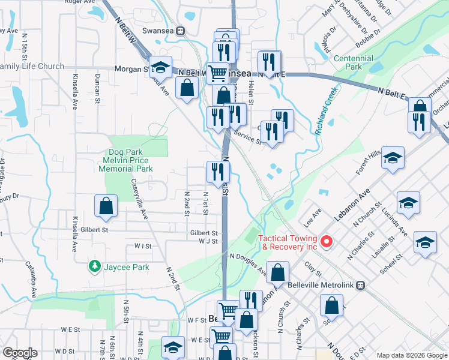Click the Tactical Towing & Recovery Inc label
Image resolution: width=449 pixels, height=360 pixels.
(x=288, y=242)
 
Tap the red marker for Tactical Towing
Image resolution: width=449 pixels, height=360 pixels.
(x=327, y=242)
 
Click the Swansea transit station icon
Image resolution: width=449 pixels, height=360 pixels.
(x=180, y=31)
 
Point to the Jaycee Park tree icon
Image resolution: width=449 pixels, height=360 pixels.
(x=94, y=265)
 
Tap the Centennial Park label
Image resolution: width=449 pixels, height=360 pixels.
(x=354, y=62)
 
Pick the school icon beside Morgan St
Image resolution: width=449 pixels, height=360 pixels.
(x=160, y=66)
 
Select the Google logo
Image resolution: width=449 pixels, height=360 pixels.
(x=20, y=353)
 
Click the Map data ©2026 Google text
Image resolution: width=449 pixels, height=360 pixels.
(x=411, y=355)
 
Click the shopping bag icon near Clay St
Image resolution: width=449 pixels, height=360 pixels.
(x=279, y=273)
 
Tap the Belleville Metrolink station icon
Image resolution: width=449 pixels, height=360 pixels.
(x=360, y=285)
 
